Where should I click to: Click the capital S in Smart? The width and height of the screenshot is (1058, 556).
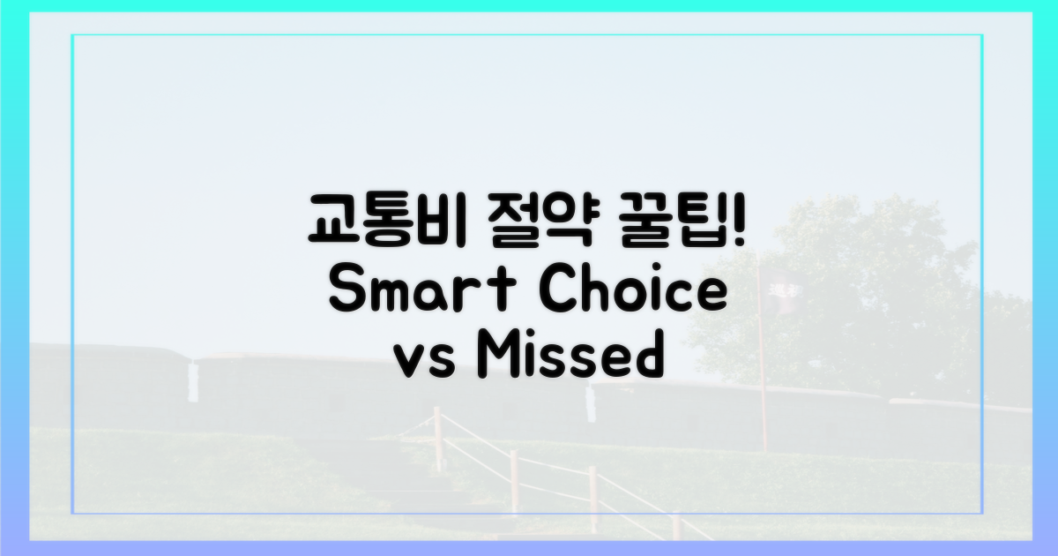point(346,292)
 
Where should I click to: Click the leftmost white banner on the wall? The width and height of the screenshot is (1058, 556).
point(192,381)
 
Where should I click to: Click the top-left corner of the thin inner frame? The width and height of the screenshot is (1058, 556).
point(72,35)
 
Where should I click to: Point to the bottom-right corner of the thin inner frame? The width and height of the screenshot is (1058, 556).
point(982,513)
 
